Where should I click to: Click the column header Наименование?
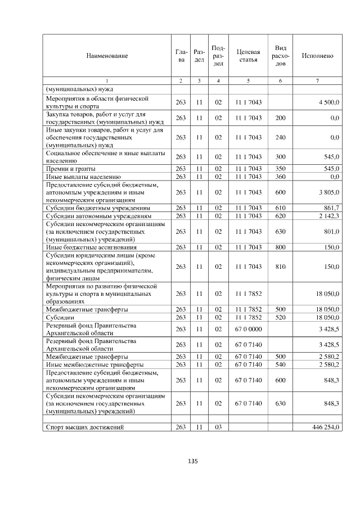point(107,56)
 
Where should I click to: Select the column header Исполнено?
point(317,56)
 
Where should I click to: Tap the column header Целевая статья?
point(248,56)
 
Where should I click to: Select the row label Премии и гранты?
point(70,169)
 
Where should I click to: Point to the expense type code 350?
point(280,169)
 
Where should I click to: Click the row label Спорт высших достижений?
point(84,427)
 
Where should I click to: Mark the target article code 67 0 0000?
point(248,328)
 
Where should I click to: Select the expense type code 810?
point(280,267)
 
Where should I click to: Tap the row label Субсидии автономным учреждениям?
point(98,216)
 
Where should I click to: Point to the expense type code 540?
point(280,364)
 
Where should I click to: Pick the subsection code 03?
point(218,427)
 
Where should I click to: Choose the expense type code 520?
point(280,317)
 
